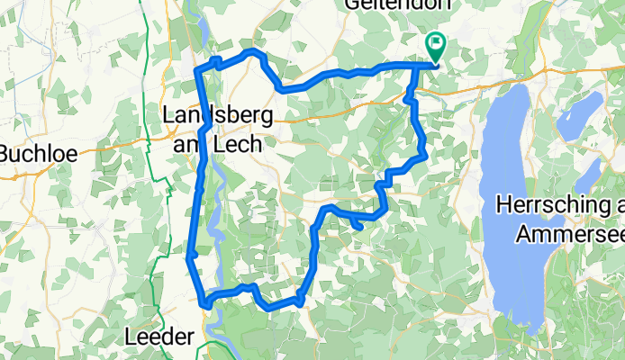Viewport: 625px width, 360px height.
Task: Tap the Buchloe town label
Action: click(x=32, y=155)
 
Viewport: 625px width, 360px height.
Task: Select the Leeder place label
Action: click(x=158, y=337)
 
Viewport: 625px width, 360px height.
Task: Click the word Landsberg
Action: click(x=213, y=116)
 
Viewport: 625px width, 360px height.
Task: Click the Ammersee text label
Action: click(x=570, y=235)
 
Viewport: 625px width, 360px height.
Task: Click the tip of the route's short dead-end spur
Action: click(x=360, y=227)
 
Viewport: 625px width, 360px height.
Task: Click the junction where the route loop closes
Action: click(x=414, y=65)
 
